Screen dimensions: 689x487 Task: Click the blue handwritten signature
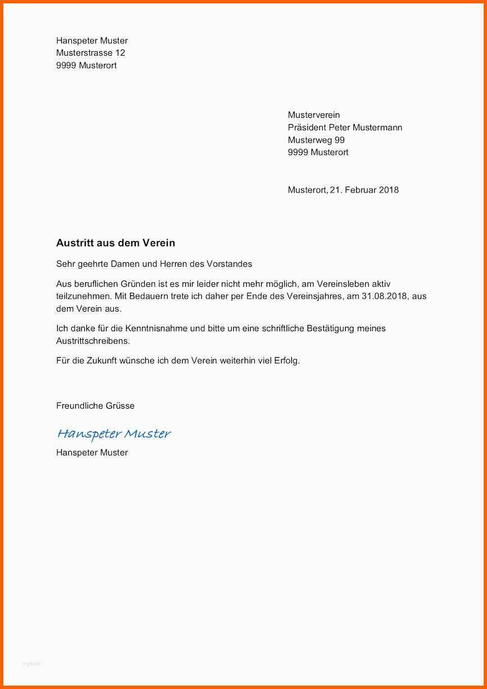tap(113, 434)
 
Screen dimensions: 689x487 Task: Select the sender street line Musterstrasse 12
tap(90, 53)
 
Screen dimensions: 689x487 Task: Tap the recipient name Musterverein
tap(314, 115)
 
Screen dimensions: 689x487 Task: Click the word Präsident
tap(307, 127)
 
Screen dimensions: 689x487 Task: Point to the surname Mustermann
tap(377, 127)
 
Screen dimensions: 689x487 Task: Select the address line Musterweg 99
tap(316, 140)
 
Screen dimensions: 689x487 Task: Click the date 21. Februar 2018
tap(364, 190)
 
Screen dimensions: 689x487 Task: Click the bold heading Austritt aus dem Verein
tap(116, 243)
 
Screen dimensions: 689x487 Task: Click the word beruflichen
tap(95, 284)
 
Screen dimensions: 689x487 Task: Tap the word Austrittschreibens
tap(93, 341)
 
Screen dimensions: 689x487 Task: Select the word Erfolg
tap(287, 361)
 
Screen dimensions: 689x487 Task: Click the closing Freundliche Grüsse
tap(95, 405)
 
